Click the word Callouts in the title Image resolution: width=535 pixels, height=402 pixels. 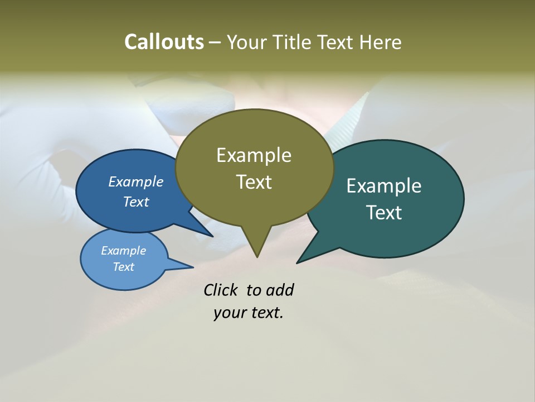click(x=164, y=42)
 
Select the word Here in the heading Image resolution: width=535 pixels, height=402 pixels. click(x=380, y=42)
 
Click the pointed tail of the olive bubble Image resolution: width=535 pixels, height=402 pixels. click(x=257, y=246)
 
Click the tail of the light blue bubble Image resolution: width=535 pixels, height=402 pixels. click(x=181, y=265)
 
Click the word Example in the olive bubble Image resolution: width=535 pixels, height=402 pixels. click(x=254, y=155)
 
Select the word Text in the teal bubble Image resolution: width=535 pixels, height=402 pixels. click(x=384, y=212)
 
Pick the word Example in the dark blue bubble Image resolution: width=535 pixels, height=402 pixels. click(x=136, y=181)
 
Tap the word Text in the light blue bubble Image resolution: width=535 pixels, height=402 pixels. click(x=124, y=267)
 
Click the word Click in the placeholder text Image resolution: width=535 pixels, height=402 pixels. click(x=221, y=290)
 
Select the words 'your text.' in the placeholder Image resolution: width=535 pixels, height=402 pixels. click(x=249, y=313)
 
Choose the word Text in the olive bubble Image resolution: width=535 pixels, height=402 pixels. click(x=254, y=182)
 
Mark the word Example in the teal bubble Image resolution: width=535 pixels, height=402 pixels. click(x=384, y=186)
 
